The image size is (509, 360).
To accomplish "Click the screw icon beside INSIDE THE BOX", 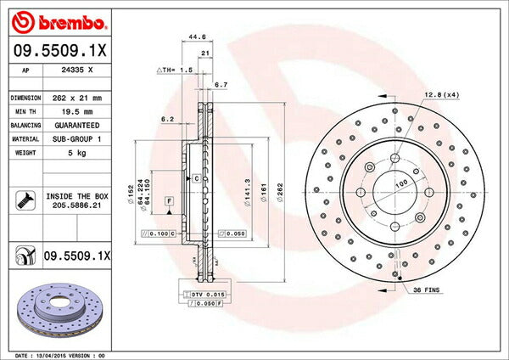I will coord(24,200).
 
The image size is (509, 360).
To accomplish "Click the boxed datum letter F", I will coord(170,200).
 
